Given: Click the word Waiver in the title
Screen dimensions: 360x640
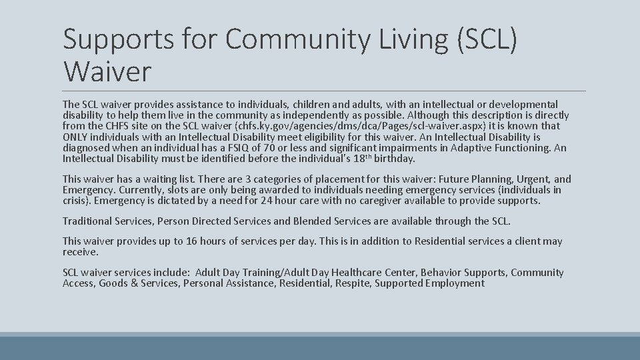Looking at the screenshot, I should coord(107,70).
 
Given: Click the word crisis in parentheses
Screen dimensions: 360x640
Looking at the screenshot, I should coord(76,201).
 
